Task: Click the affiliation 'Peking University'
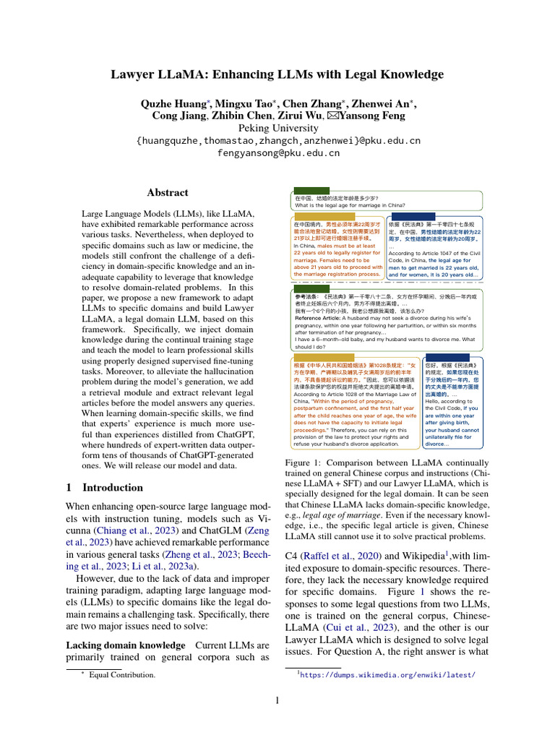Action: tap(277, 128)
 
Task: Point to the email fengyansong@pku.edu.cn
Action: tap(277, 153)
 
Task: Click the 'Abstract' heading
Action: tap(168, 193)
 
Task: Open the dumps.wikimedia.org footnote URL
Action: tap(387, 675)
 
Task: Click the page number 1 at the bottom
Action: tap(277, 700)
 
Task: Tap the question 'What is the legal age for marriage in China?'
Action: tap(350, 205)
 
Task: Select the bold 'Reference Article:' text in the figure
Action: tap(320, 318)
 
